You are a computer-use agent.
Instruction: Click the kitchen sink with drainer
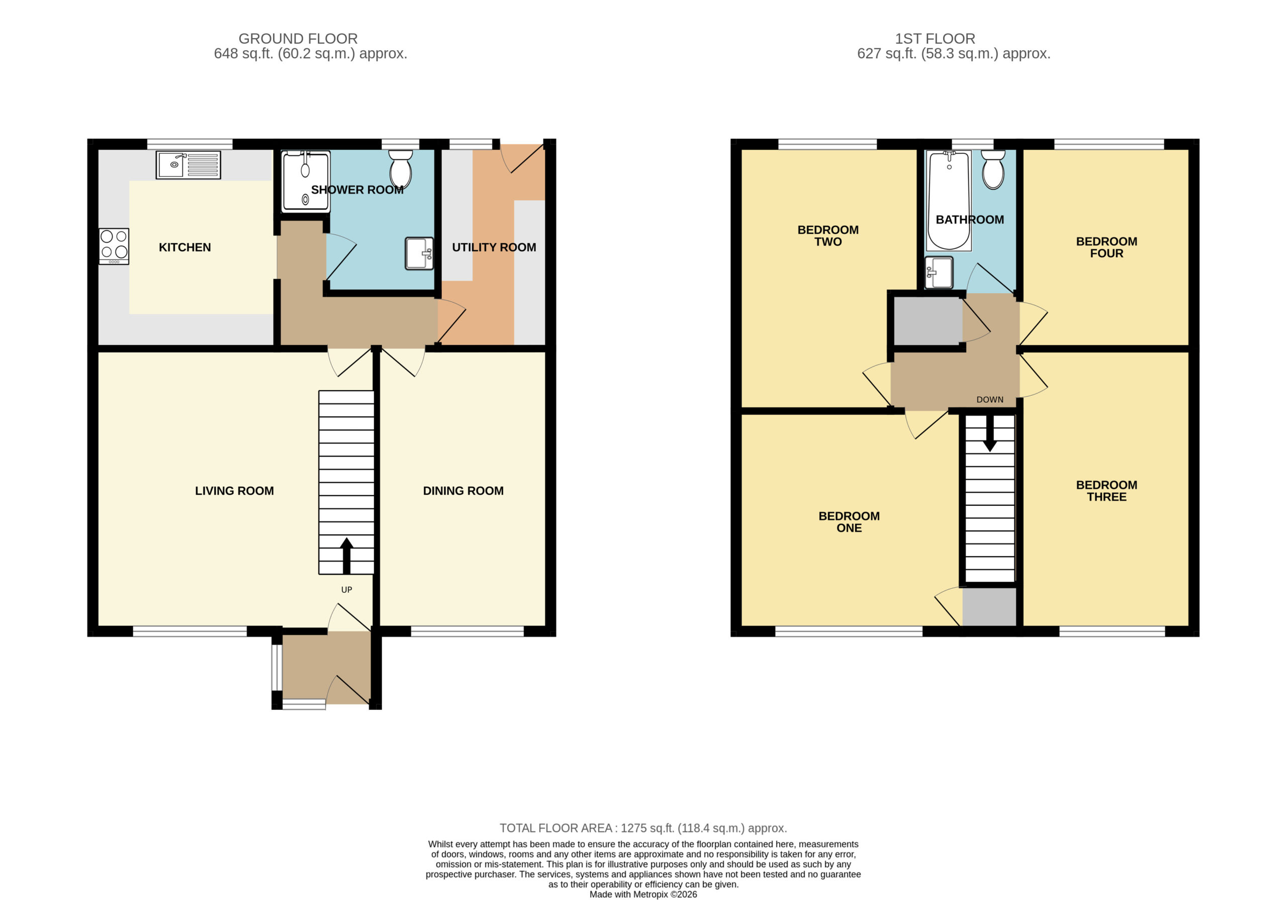(188, 165)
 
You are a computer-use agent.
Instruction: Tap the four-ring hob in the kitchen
(114, 246)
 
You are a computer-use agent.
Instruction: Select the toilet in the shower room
(400, 169)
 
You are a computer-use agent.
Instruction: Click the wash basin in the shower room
(419, 253)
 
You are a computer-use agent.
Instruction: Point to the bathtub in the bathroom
(949, 200)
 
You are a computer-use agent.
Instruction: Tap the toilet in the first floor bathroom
(993, 169)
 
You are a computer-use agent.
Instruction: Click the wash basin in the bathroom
(938, 273)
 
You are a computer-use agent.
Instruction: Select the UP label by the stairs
(346, 589)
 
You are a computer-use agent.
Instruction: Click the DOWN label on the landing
(989, 400)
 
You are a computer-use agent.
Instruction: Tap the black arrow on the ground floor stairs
(346, 555)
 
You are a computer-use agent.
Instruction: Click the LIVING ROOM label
(234, 491)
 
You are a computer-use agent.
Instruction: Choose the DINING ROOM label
(463, 491)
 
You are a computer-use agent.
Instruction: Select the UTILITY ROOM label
(494, 247)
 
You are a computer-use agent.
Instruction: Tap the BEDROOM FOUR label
(1106, 247)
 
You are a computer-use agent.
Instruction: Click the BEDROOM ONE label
(849, 521)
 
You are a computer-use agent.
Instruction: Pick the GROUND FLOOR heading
(298, 39)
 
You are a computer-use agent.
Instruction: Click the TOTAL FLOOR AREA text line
(643, 828)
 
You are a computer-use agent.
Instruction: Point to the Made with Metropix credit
(643, 894)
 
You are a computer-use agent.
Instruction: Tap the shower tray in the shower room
(306, 181)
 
